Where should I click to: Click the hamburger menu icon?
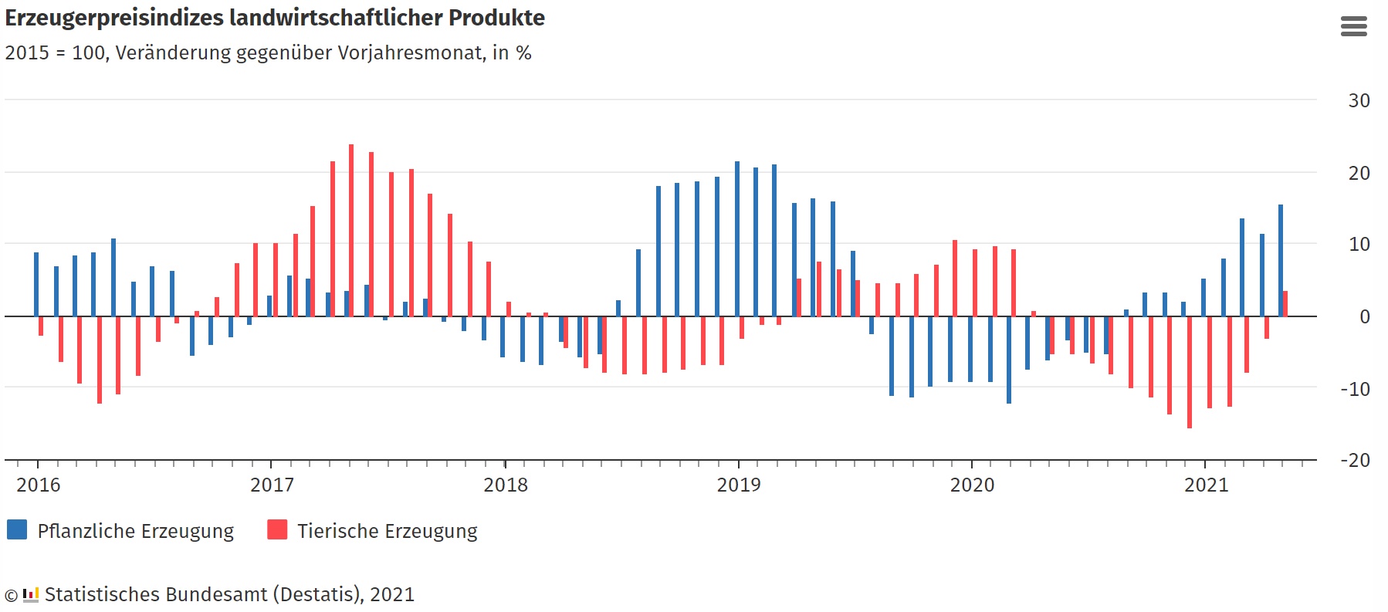(1353, 27)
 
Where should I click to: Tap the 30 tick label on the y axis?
(1359, 101)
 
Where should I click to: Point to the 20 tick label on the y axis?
(1359, 174)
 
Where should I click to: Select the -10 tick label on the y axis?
(1355, 390)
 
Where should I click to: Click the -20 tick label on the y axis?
(1355, 461)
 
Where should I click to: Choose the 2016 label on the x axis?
(39, 485)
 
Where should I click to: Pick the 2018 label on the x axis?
(506, 485)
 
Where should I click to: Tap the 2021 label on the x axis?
(1206, 485)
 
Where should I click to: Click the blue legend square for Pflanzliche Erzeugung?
(17, 529)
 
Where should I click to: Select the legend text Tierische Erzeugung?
(387, 532)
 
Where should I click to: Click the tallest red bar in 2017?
(351, 230)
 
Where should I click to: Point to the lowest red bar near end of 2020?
(1190, 372)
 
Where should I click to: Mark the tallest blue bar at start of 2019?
(737, 238)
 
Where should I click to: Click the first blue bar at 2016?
(36, 284)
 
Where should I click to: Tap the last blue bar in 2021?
(1281, 260)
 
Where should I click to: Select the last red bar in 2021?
(1285, 303)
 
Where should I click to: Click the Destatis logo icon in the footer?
(31, 595)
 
